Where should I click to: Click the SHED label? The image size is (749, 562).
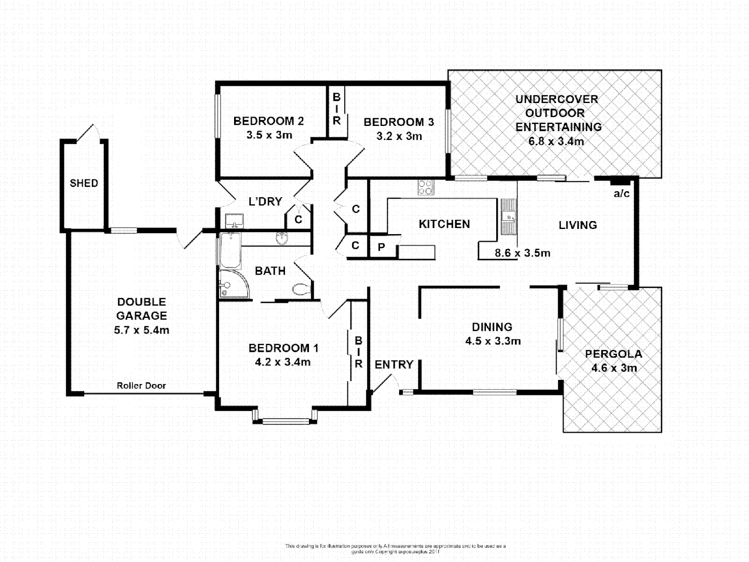[84, 183]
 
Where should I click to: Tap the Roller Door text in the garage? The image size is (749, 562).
[141, 386]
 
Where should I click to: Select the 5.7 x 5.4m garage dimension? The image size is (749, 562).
[141, 330]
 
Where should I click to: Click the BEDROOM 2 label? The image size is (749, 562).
[268, 121]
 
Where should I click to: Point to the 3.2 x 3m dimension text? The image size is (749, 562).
[399, 136]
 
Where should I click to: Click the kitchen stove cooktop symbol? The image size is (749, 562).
[425, 187]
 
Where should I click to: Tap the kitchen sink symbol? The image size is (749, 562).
[508, 216]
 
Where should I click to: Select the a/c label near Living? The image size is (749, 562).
[622, 194]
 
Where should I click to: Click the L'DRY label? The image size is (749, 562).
[265, 201]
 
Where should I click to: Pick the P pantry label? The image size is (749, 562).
[381, 248]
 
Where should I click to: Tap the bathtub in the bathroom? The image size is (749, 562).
[229, 250]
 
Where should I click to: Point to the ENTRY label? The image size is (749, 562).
[394, 365]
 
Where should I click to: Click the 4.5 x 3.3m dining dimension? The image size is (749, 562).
[493, 341]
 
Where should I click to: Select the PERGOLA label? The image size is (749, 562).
[613, 354]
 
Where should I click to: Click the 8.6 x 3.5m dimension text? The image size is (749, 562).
[522, 253]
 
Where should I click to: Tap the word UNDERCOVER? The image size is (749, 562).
[557, 99]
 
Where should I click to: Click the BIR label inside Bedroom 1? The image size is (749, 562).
[358, 352]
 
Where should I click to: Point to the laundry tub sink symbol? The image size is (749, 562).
[235, 221]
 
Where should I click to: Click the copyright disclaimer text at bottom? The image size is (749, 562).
[395, 548]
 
